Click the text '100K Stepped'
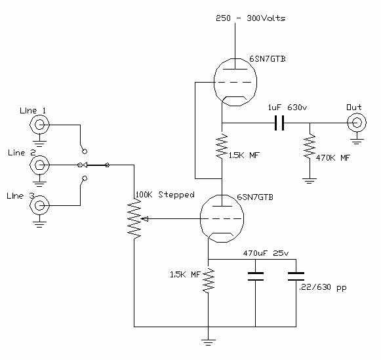click(165, 195)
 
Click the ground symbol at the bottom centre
click(208, 340)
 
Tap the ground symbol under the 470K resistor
click(310, 179)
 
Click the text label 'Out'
click(353, 107)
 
